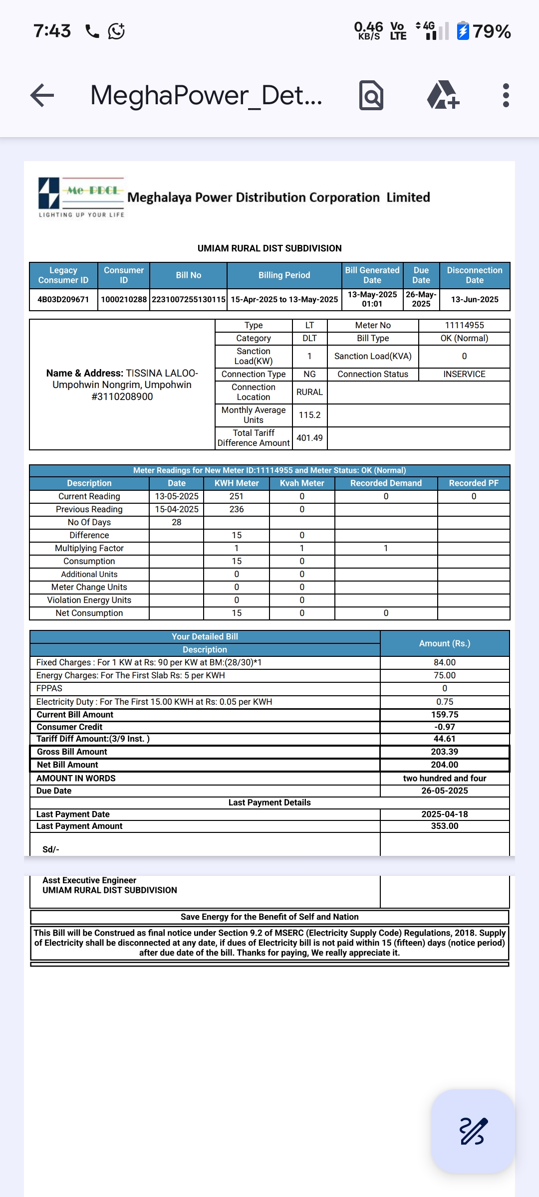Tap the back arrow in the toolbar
click(x=42, y=95)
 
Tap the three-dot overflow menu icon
click(x=506, y=95)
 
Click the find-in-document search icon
click(x=371, y=95)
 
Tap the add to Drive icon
click(x=443, y=95)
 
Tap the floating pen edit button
click(x=472, y=1131)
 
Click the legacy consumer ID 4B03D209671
click(x=63, y=299)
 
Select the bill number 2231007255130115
click(x=189, y=299)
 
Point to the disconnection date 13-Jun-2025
click(x=475, y=299)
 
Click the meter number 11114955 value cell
click(x=464, y=325)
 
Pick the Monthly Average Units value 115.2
click(x=309, y=415)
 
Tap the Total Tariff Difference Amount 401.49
click(x=309, y=438)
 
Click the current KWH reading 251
click(x=237, y=496)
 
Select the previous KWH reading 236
click(x=237, y=509)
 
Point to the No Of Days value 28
click(x=177, y=522)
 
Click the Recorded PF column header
click(x=474, y=483)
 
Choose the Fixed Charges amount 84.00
click(x=445, y=662)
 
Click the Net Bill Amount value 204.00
click(x=445, y=765)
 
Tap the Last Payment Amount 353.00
click(x=445, y=826)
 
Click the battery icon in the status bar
click(x=463, y=31)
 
